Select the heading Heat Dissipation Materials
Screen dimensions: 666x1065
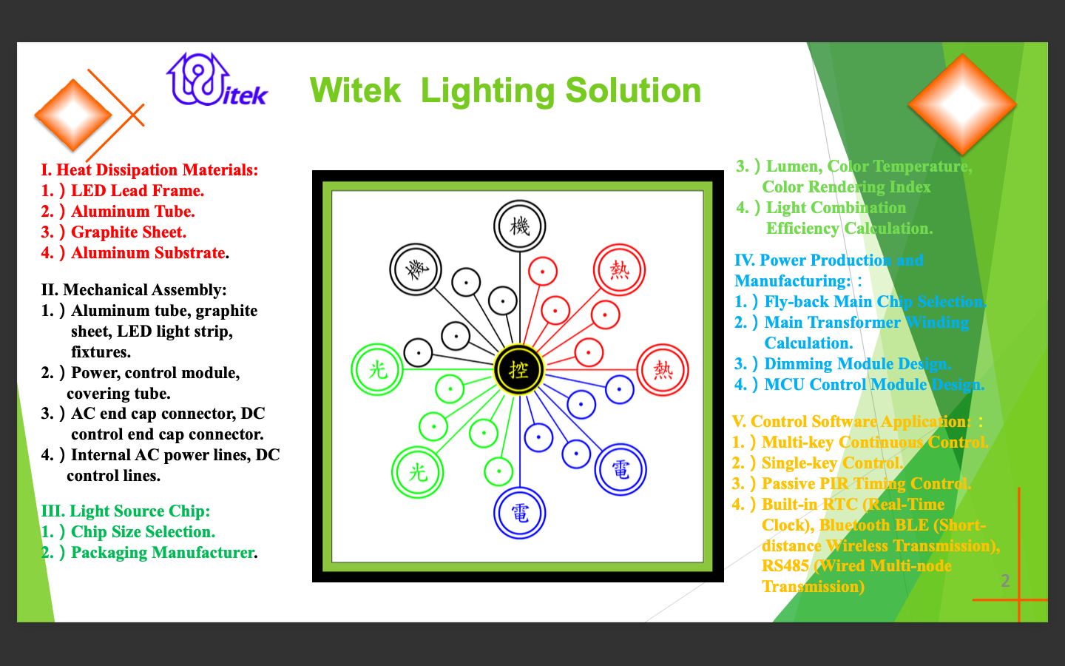tap(149, 170)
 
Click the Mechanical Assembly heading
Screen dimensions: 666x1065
tap(134, 290)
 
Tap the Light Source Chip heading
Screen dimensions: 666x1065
tap(126, 511)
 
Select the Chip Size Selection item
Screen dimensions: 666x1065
tap(129, 532)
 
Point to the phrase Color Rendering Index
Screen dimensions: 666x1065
tap(846, 187)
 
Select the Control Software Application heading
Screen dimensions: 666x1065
tap(851, 422)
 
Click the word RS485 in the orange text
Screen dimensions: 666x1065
tap(785, 566)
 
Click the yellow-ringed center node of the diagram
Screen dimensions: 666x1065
tap(519, 369)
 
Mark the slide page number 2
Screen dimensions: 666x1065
tap(1005, 581)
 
